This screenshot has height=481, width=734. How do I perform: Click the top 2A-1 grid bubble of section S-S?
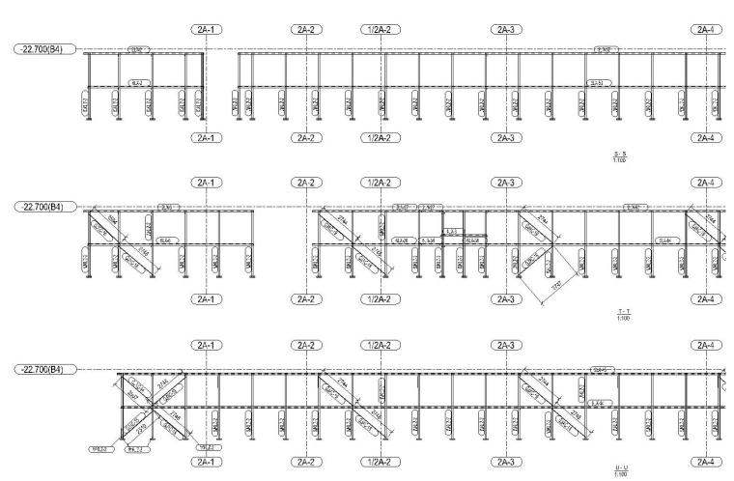(205, 30)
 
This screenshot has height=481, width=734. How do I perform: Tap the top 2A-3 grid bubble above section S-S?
(505, 30)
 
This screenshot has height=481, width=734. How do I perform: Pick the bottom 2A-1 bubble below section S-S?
(205, 138)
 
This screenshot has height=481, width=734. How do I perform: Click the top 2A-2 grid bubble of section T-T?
(306, 183)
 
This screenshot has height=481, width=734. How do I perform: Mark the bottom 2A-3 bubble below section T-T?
(505, 299)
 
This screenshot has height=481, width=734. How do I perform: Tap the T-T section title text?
(619, 313)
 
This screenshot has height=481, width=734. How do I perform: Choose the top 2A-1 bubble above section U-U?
(205, 345)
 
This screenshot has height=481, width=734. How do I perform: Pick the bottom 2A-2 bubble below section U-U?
(306, 462)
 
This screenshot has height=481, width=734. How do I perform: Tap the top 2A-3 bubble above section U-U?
(505, 345)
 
